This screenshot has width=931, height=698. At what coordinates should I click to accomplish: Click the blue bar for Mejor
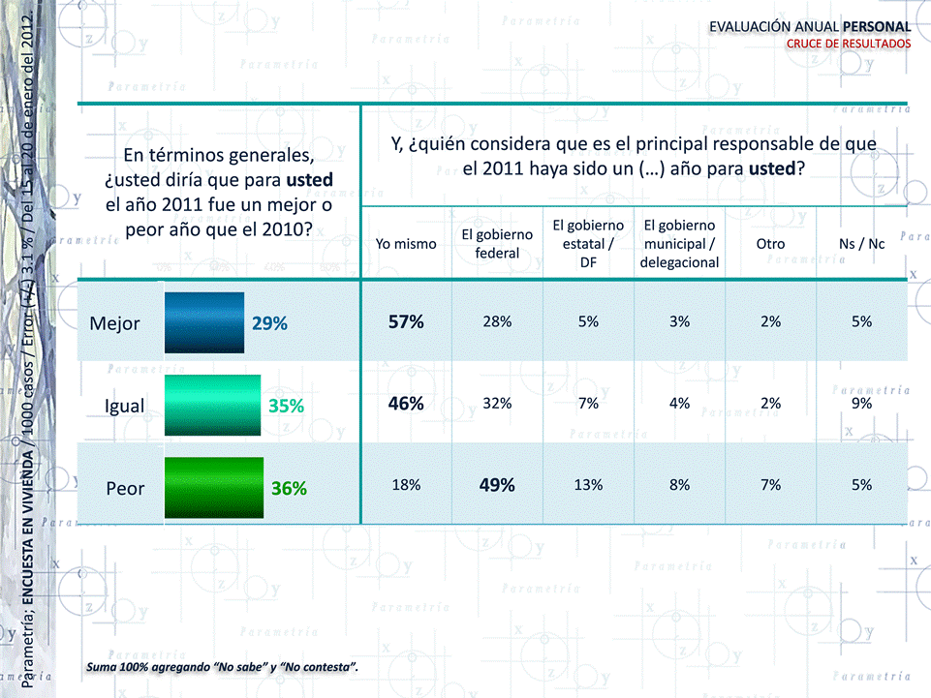coord(204,322)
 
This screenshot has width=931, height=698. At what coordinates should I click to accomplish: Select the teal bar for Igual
coord(213,405)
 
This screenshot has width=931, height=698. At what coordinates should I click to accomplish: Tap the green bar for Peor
coord(214,487)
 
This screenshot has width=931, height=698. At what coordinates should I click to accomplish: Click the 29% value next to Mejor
coord(270,323)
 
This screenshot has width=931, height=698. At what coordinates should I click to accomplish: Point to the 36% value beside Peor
coord(289,489)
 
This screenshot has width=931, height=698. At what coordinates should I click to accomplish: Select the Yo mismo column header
coord(406,244)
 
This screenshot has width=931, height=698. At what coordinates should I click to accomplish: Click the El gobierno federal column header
coord(497,244)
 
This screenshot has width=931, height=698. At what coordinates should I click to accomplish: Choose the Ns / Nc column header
coord(862,244)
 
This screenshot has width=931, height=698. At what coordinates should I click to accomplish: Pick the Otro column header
coord(770,244)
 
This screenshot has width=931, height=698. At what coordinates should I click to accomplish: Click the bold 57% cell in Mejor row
coord(406,322)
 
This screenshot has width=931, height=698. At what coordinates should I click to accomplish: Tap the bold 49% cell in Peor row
coord(497,486)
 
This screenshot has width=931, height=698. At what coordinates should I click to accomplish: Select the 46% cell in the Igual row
coord(406,405)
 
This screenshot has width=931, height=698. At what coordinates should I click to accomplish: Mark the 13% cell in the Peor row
coord(588,486)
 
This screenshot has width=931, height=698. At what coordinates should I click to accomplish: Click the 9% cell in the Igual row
coord(861,405)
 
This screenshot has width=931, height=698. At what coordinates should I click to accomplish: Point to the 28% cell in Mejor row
coord(497,322)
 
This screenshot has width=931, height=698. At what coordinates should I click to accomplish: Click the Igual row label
coord(124,406)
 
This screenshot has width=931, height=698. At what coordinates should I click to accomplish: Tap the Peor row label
coord(125,488)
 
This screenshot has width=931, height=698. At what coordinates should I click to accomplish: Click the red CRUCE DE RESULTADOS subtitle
coord(848,44)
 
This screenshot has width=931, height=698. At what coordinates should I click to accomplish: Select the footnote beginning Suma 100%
coord(222,667)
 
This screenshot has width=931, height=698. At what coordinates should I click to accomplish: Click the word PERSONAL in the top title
coord(876,26)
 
